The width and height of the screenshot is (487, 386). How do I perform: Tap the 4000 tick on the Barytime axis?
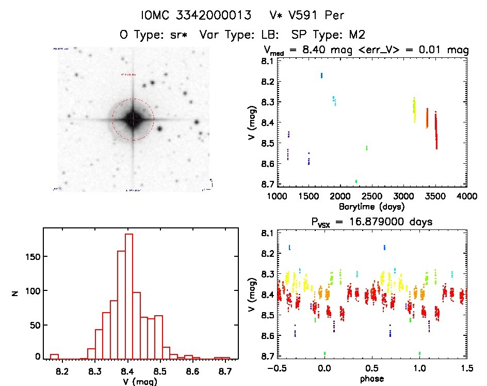click(x=467, y=196)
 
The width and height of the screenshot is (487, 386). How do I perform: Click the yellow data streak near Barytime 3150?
click(x=414, y=110)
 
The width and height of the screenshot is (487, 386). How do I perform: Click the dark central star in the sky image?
click(x=133, y=119)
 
